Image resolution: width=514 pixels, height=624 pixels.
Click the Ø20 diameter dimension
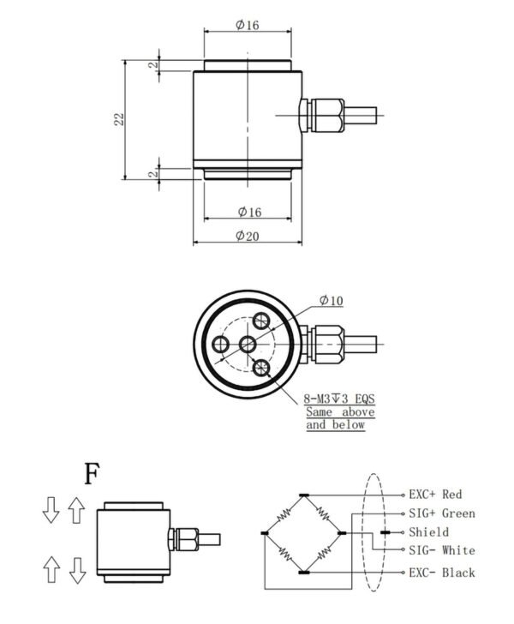point(247,237)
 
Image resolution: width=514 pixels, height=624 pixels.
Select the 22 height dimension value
point(121,119)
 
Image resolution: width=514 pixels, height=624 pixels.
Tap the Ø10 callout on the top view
point(332,300)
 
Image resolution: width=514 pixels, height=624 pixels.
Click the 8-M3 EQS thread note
point(340,399)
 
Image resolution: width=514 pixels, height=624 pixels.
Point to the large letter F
point(93,472)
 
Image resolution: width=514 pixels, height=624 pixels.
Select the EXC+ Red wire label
point(435,495)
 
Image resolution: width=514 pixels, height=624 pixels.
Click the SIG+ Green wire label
point(441,513)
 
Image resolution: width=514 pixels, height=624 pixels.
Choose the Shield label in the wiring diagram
point(429,532)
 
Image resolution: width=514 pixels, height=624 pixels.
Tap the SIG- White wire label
point(441,550)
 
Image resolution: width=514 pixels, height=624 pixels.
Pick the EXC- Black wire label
point(441,572)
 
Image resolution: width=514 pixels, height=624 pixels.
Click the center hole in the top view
point(248,344)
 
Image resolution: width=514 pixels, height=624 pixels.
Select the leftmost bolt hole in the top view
point(221,344)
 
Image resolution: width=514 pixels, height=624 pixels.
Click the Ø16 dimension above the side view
point(247,25)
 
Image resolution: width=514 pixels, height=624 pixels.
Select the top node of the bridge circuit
point(305,495)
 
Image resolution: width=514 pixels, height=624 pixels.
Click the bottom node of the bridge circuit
point(305,572)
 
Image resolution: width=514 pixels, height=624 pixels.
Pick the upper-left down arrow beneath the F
point(50,512)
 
